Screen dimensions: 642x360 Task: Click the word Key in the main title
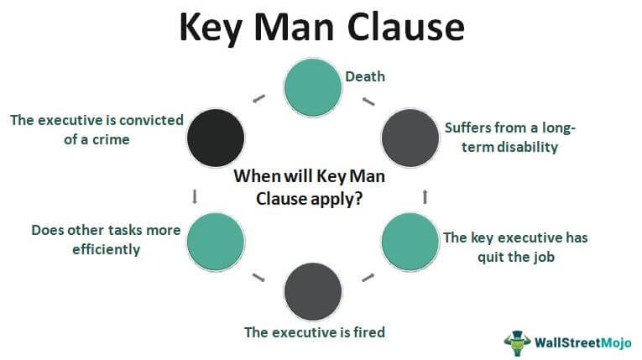pyautogui.click(x=215, y=28)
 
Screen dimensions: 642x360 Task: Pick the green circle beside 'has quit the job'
pyautogui.click(x=410, y=241)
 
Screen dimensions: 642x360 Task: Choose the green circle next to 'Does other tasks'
pyautogui.click(x=215, y=241)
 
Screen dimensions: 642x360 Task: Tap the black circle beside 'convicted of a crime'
pyautogui.click(x=215, y=135)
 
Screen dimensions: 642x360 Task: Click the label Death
pyautogui.click(x=366, y=76)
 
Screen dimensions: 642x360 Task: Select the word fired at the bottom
pyautogui.click(x=366, y=332)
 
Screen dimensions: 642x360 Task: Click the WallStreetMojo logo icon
pyautogui.click(x=518, y=341)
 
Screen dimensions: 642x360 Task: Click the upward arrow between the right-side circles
pyautogui.click(x=425, y=196)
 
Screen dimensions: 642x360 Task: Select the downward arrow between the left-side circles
pyautogui.click(x=195, y=196)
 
